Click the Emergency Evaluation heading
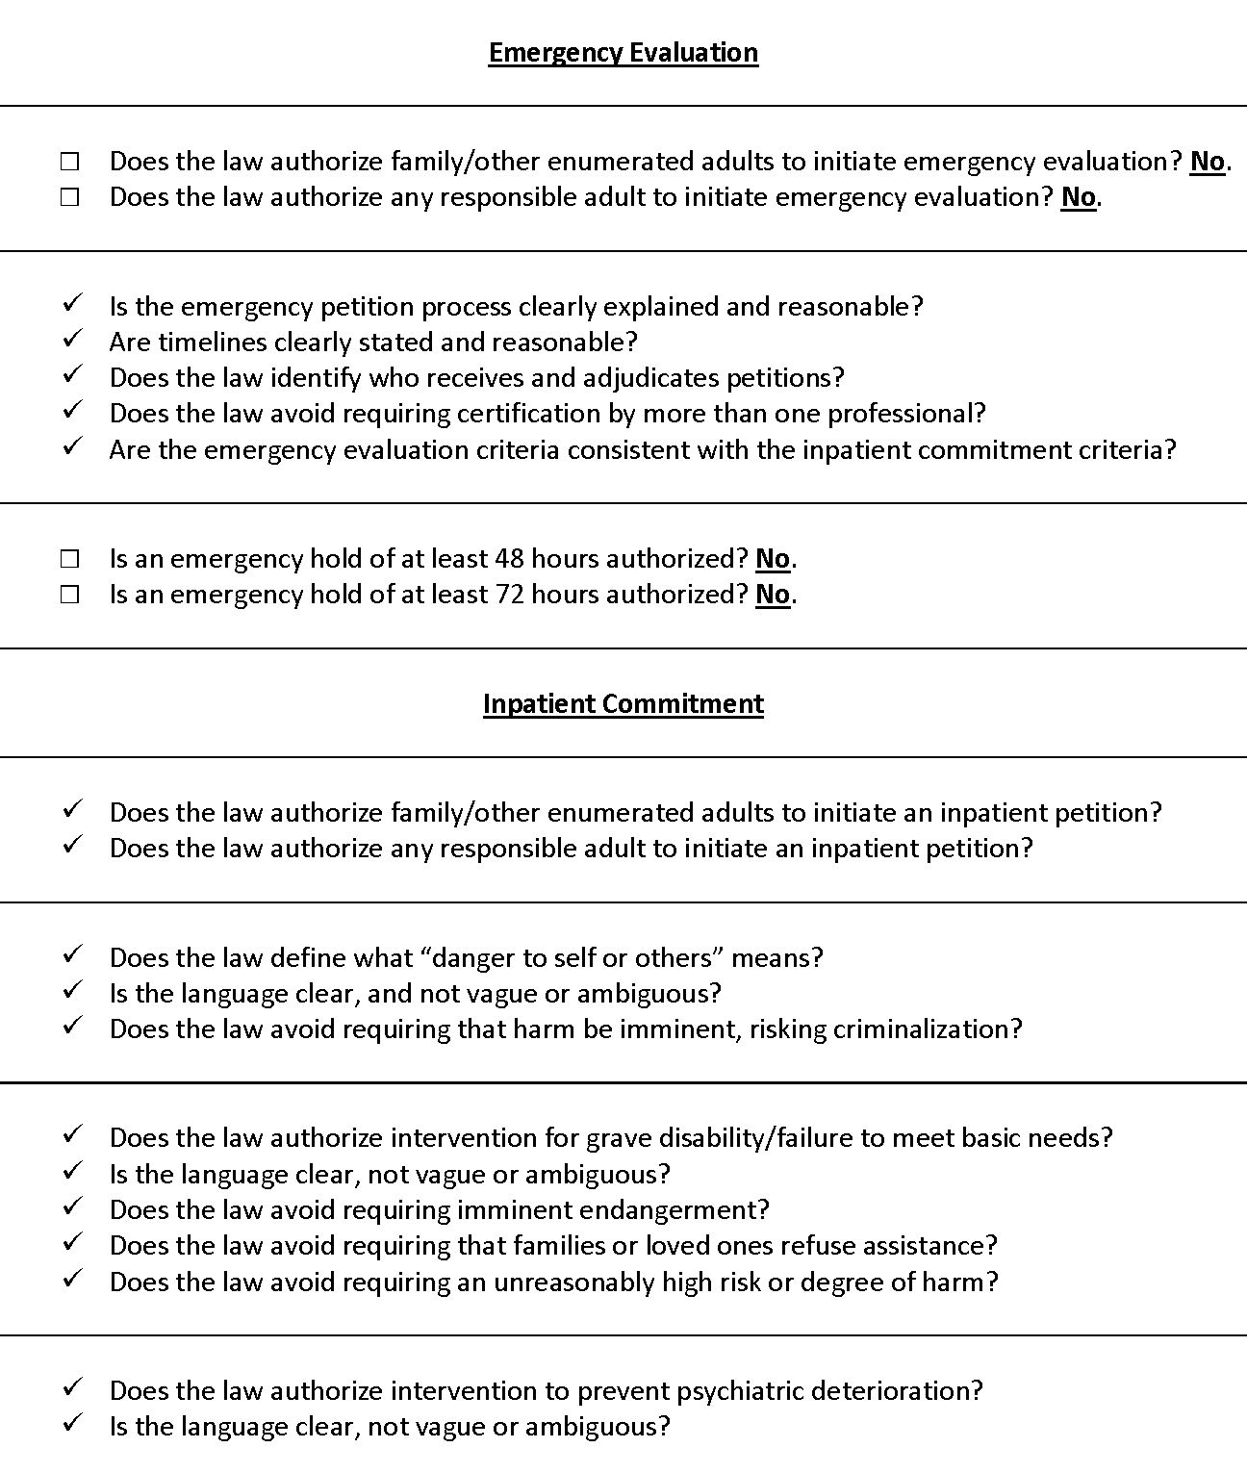click(623, 52)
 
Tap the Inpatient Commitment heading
click(623, 703)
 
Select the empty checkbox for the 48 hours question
click(69, 559)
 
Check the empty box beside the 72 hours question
click(69, 595)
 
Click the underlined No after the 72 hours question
click(773, 595)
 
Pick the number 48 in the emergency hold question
click(509, 559)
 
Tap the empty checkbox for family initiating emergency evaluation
click(69, 162)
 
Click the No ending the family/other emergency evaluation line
click(1208, 162)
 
